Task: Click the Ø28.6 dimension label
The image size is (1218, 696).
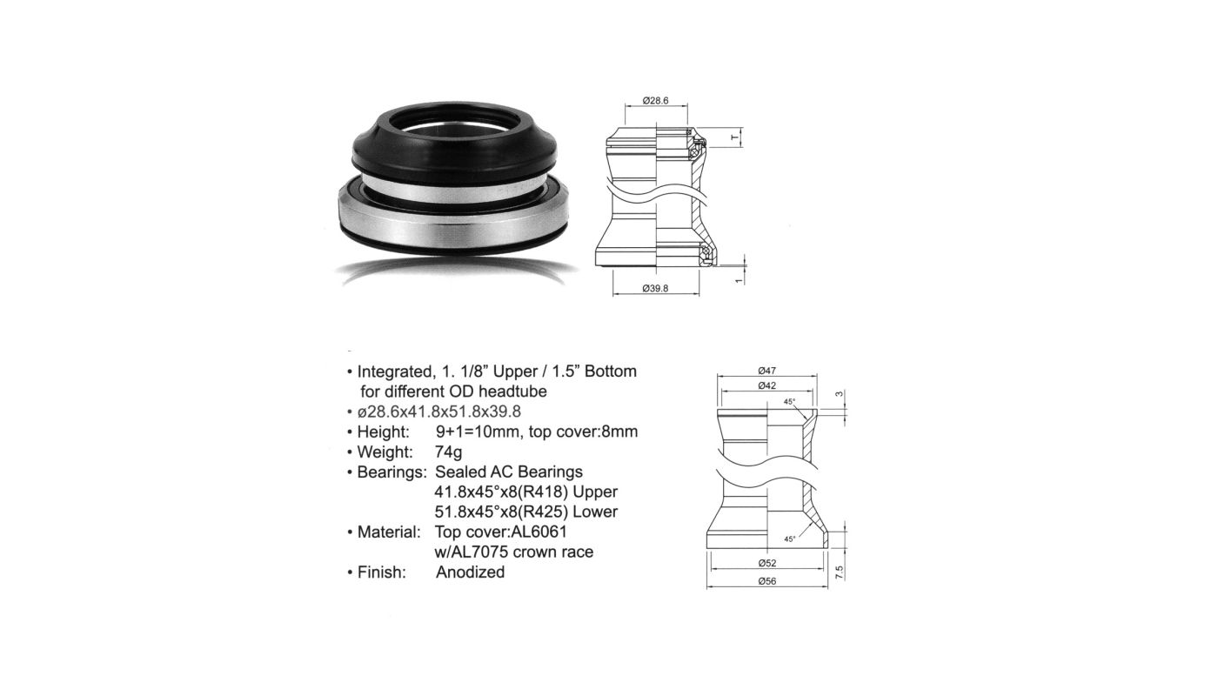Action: click(x=655, y=101)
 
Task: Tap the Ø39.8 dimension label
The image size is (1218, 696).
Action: click(x=655, y=289)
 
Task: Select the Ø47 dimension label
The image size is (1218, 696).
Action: click(x=766, y=371)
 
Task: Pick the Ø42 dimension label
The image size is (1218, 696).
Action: click(x=766, y=385)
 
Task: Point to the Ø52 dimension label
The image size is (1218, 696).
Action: click(x=766, y=564)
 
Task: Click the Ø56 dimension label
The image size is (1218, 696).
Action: click(x=766, y=581)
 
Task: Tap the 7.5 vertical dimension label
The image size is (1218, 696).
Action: click(x=840, y=572)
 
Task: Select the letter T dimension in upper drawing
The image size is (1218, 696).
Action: click(x=734, y=138)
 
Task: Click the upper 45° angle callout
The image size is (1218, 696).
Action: click(x=790, y=402)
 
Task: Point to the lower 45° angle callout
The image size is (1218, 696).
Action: click(x=790, y=539)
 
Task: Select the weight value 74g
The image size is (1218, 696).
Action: click(x=449, y=452)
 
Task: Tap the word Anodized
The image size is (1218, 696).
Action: click(x=471, y=572)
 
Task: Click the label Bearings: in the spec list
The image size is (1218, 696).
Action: click(x=392, y=472)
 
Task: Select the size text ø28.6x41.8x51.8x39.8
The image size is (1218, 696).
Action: click(x=438, y=412)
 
